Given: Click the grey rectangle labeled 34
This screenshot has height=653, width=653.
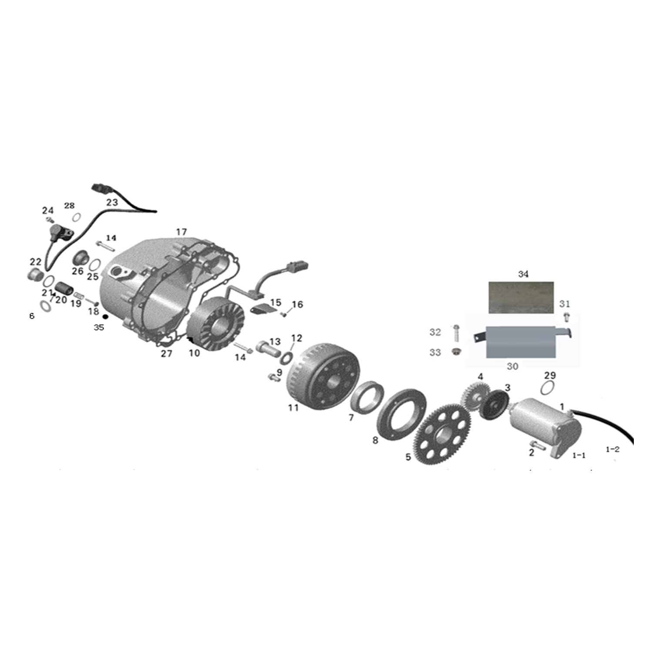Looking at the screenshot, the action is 521,297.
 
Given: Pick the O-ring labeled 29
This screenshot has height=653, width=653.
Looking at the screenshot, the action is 549,387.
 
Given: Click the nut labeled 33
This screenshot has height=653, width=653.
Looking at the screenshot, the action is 456,351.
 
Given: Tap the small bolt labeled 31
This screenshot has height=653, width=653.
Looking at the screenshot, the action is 566,317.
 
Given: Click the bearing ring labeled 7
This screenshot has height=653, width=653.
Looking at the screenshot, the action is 367,397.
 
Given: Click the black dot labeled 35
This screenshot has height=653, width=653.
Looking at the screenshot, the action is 105,316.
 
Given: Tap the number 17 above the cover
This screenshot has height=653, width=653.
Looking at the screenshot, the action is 181,232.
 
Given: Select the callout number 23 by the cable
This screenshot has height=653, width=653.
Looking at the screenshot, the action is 112,202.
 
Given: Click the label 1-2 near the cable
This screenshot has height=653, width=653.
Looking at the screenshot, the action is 613,449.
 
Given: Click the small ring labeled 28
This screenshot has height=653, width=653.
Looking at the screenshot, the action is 77,217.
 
